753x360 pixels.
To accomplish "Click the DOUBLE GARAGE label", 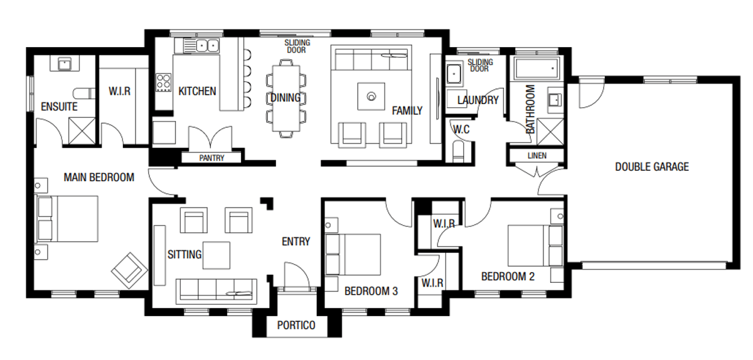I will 651,167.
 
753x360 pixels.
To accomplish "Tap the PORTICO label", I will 296,326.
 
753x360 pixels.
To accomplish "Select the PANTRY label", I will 211,158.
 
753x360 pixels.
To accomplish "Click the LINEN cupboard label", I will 537,156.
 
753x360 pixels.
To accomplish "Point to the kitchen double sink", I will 205,45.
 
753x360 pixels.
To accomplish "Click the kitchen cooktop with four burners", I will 164,82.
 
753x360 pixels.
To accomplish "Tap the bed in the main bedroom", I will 68,219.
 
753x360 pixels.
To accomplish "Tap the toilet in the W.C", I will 457,151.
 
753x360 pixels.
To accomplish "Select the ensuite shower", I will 81,131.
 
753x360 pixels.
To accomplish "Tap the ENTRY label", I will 296,241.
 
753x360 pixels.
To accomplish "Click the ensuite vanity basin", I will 64,63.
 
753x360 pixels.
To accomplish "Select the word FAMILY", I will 407,111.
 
